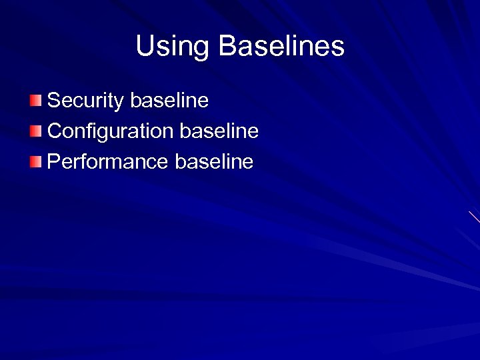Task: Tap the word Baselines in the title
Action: coord(281,46)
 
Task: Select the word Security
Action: coord(86,101)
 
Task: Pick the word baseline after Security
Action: coord(169,101)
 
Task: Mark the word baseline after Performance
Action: coord(214,161)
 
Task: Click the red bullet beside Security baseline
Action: coord(35,101)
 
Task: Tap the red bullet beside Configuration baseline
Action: coord(35,131)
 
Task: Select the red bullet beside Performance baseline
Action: coord(35,161)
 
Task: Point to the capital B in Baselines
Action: coord(227,46)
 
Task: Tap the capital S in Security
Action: coord(54,101)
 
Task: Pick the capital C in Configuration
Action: coord(55,131)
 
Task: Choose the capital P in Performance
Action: coord(54,161)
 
